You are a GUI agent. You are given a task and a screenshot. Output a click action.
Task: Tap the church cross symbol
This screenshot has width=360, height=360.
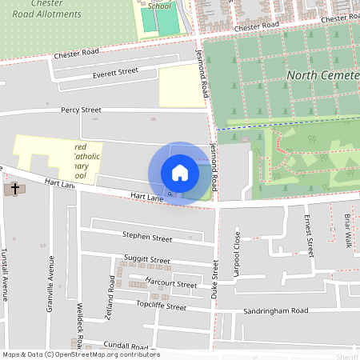pos(14,190)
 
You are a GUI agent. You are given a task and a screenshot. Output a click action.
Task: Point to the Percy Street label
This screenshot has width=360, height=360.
pos(80,110)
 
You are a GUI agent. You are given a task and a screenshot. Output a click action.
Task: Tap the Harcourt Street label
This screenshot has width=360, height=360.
pos(171,284)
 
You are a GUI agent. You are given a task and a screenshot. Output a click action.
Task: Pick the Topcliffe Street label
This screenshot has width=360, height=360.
pos(161,306)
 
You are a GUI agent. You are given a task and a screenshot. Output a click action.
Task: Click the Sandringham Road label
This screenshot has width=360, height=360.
pos(277,310)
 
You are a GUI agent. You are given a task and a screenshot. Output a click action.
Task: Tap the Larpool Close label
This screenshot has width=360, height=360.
pos(237,254)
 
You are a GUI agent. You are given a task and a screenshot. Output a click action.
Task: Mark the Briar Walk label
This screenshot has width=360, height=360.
pos(348,230)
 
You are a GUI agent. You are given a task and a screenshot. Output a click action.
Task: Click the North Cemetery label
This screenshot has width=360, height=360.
pos(323,76)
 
